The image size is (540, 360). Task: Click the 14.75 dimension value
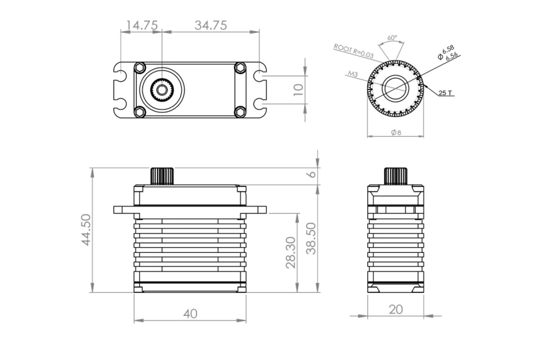[x=141, y=26]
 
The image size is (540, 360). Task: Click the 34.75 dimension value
[x=210, y=26]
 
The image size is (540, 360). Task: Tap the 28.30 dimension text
[x=291, y=253]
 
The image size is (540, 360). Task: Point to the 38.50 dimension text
[x=313, y=238]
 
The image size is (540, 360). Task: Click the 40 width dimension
[x=190, y=314]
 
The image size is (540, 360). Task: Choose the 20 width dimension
[x=395, y=309]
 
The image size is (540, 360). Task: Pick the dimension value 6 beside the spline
[x=313, y=174]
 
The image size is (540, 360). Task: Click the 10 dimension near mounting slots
[x=299, y=89]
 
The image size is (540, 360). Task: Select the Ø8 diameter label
[x=396, y=133]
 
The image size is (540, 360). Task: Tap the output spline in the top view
[x=161, y=90]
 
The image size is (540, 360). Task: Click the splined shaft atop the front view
[x=162, y=176]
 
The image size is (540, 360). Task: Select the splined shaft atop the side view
[x=395, y=176]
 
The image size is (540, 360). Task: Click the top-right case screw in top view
[x=240, y=68]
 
